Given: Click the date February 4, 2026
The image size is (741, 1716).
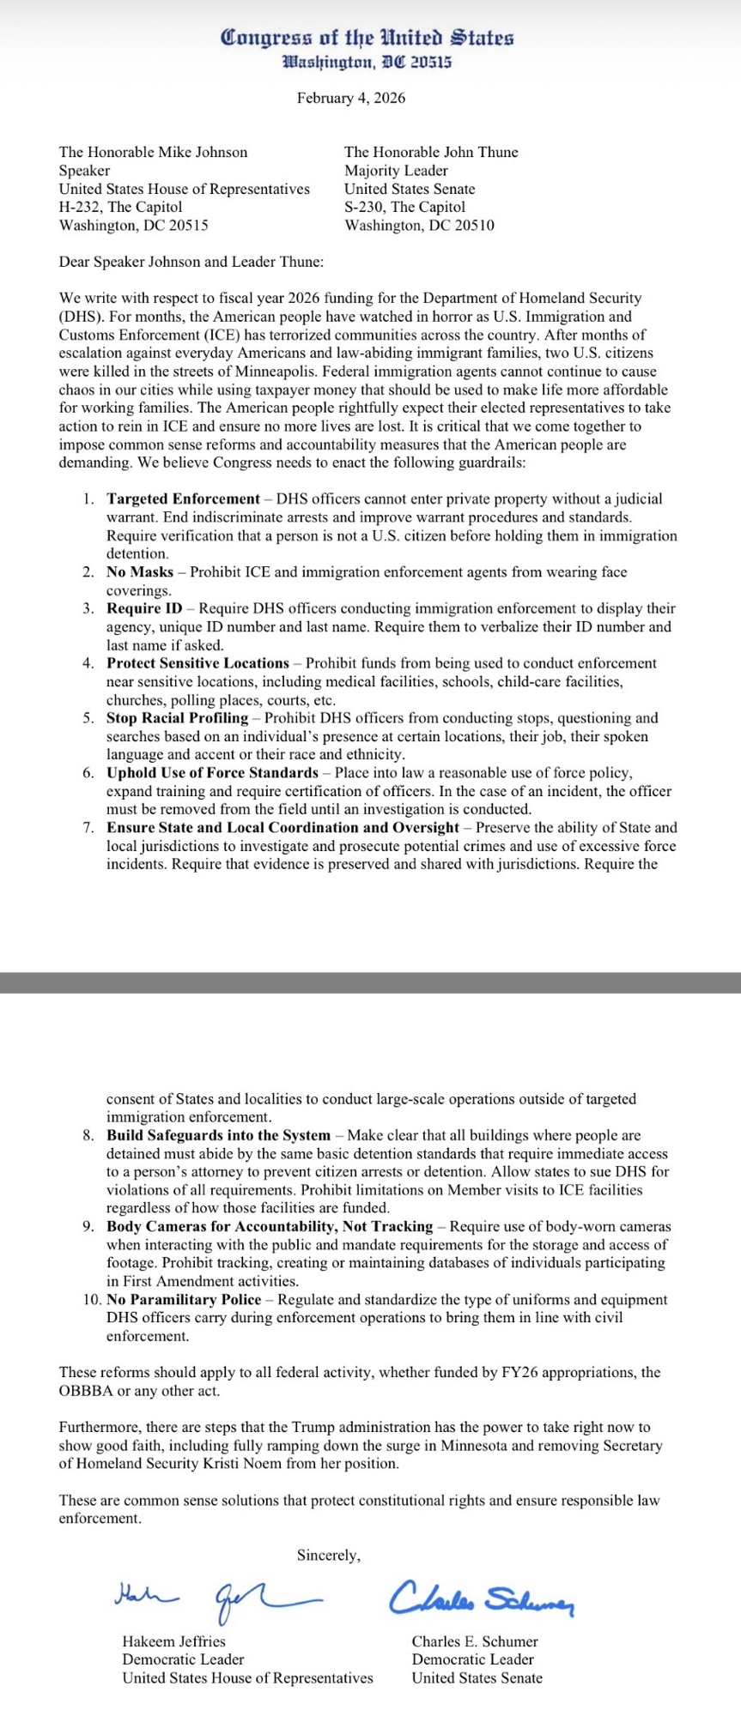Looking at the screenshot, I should click(351, 98).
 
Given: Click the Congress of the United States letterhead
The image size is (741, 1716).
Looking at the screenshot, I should click(367, 38).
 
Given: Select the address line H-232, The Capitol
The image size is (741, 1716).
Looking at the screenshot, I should click(120, 207).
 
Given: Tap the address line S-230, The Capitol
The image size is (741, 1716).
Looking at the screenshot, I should click(404, 207).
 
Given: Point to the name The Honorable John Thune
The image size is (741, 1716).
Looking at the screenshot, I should click(431, 152).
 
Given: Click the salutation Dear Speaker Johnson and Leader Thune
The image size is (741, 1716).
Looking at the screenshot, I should click(191, 262).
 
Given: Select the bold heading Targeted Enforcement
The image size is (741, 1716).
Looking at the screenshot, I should click(183, 498).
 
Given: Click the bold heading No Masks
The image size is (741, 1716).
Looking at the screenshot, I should click(140, 571).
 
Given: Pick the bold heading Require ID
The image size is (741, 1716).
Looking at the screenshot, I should click(144, 608).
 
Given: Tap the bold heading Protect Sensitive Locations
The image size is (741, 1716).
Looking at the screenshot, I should click(197, 663).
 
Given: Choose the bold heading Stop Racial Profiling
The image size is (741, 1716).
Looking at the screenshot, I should click(177, 718).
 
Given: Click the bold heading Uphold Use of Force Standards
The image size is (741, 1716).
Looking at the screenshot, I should click(212, 773).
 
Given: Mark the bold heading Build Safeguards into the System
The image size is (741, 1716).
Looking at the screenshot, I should click(218, 1135).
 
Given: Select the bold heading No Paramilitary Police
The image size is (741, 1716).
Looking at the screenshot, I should click(184, 1300).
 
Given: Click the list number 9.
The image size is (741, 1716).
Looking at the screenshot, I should click(88, 1227).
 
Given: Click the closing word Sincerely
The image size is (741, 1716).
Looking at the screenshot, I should click(329, 1555).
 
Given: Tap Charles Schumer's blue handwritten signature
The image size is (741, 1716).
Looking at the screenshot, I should click(482, 1599).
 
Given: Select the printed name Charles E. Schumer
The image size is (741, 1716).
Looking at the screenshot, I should click(475, 1641).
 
